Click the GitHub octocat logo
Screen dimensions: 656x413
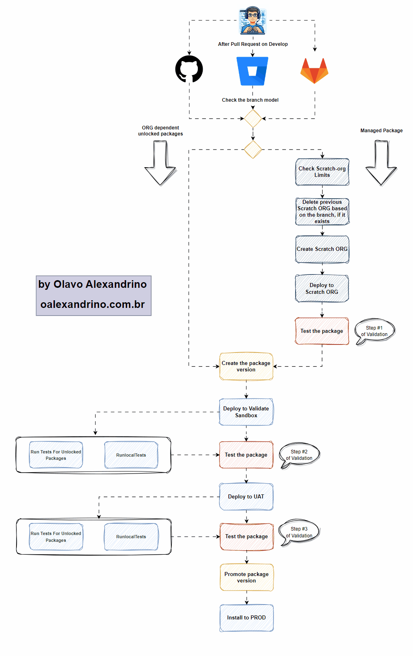click(189, 69)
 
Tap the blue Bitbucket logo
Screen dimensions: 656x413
click(252, 71)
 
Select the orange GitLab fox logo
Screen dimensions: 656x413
click(314, 70)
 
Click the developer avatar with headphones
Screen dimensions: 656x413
click(253, 20)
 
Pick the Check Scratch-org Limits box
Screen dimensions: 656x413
click(322, 172)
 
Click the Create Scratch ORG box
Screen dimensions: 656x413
click(322, 249)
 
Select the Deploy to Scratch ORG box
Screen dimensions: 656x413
click(322, 289)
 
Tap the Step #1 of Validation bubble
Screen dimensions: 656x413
click(375, 331)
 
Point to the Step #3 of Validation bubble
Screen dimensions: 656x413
click(300, 532)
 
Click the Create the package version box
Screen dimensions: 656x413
click(246, 366)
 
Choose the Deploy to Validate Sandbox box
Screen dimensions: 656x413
click(246, 412)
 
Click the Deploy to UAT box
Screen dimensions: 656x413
click(246, 497)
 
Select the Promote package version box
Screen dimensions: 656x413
click(247, 577)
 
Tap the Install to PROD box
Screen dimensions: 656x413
click(247, 618)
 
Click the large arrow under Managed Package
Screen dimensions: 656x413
click(381, 163)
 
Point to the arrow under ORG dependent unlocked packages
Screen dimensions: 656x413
click(160, 163)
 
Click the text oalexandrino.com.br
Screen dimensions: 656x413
click(92, 304)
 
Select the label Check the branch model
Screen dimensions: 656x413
click(250, 100)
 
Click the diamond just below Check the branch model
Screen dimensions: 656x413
click(253, 119)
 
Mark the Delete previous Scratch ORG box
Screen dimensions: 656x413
click(322, 211)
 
